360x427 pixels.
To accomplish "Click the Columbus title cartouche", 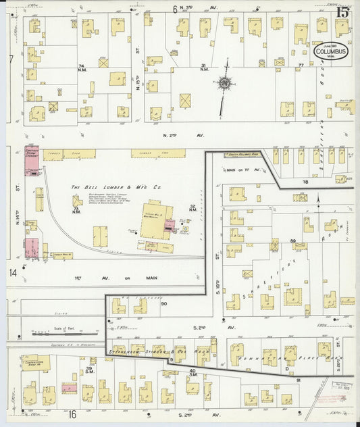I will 331,53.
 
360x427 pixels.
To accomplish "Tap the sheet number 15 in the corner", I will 342,11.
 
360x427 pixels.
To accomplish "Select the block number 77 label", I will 301,66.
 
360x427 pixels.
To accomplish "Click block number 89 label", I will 292,241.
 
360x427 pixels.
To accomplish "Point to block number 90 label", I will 163,304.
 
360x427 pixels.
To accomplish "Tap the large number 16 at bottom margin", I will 72,414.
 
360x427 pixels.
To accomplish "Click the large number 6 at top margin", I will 174,9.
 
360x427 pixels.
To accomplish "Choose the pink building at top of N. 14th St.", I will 32,161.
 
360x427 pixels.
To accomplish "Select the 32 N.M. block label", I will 193,207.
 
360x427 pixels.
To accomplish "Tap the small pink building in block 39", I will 68,388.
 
